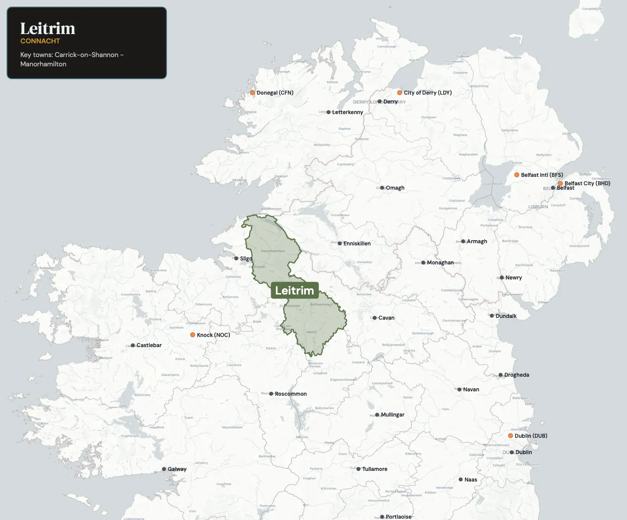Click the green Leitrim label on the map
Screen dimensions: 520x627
[294, 291]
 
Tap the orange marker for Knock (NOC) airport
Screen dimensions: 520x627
[193, 335]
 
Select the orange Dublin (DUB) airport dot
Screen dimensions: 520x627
[511, 436]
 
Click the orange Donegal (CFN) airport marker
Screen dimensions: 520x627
[252, 93]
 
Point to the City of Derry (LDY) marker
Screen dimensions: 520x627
[399, 93]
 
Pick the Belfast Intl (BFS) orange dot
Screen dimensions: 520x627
[517, 175]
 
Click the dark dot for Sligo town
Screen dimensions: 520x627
[236, 258]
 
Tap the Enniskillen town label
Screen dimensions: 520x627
[357, 244]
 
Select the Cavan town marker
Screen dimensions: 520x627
[375, 318]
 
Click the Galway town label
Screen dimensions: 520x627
[177, 469]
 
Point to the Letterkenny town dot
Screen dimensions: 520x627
[329, 112]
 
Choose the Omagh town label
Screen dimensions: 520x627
[395, 188]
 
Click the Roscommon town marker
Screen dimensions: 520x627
[271, 394]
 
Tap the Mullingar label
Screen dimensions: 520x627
[392, 415]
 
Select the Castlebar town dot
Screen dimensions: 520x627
[133, 345]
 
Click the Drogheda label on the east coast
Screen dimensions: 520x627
[516, 375]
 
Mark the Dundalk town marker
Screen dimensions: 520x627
[492, 316]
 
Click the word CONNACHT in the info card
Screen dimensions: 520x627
[40, 41]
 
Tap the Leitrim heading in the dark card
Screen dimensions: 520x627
[48, 28]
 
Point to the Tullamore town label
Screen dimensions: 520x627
[375, 469]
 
